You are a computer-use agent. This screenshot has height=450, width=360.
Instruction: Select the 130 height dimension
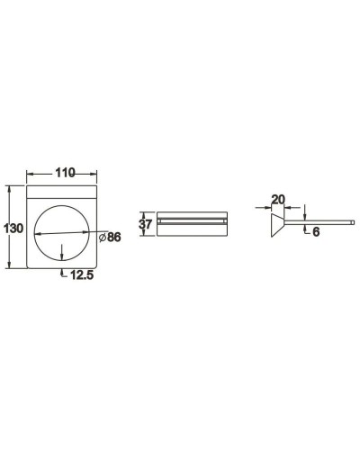click(x=13, y=229)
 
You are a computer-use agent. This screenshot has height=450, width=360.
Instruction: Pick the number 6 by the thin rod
click(x=316, y=231)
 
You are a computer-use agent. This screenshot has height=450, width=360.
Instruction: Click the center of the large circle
click(x=61, y=232)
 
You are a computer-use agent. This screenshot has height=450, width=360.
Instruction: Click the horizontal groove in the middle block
click(x=192, y=219)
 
